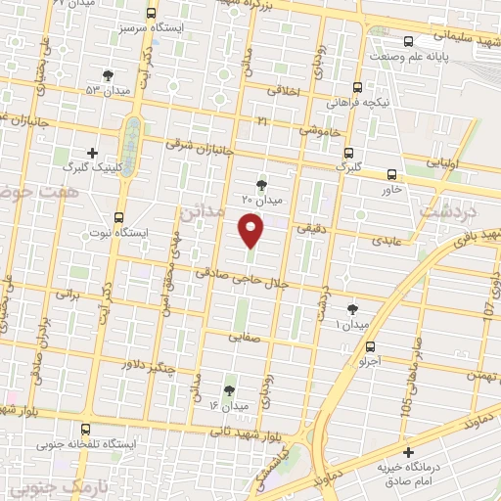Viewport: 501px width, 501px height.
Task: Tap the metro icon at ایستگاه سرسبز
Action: pyautogui.click(x=151, y=15)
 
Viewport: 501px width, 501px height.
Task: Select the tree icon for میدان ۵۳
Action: pyautogui.click(x=108, y=74)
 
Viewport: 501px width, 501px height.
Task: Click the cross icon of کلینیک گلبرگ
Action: pyautogui.click(x=93, y=153)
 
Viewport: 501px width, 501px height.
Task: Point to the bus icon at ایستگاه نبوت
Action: pyautogui.click(x=119, y=217)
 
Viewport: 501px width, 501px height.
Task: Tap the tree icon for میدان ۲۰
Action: pyautogui.click(x=261, y=183)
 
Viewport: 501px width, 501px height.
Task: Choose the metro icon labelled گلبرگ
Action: pyautogui.click(x=347, y=152)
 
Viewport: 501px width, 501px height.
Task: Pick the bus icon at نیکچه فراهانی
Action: pyautogui.click(x=359, y=86)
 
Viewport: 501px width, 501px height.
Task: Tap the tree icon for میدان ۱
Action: pyautogui.click(x=352, y=309)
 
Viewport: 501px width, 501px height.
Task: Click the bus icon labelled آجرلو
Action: pyautogui.click(x=370, y=345)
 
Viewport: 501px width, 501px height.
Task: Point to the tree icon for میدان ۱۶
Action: pyautogui.click(x=230, y=389)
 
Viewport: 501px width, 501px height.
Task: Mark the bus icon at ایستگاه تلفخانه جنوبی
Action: pyautogui.click(x=86, y=429)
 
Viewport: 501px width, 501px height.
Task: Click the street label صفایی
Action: pyautogui.click(x=241, y=336)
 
